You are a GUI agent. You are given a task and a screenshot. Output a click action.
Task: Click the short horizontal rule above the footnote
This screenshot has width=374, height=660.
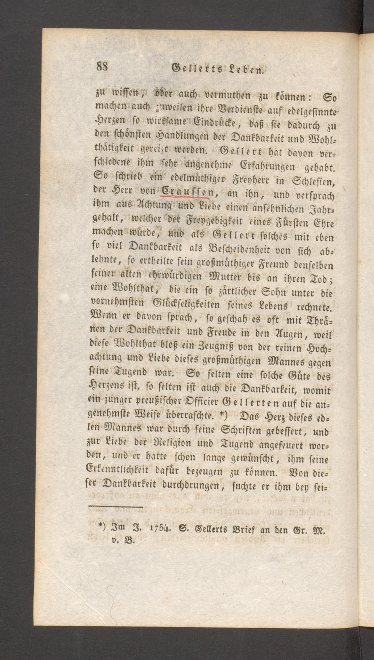[x=116, y=507]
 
